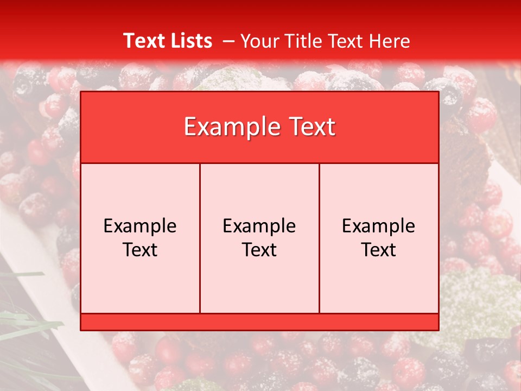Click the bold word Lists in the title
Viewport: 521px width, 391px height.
click(x=189, y=41)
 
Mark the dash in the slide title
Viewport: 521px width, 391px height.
click(x=228, y=41)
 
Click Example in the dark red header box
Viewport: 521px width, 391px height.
click(x=228, y=128)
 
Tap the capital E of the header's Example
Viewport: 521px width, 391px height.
click(x=189, y=127)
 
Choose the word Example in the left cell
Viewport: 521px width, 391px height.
click(x=140, y=226)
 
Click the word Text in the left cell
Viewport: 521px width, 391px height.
click(x=140, y=250)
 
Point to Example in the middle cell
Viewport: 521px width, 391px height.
click(x=259, y=226)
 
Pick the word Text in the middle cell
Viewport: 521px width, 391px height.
click(x=259, y=250)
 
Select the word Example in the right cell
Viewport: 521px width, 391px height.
click(x=379, y=226)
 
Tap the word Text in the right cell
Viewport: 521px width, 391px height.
click(x=379, y=250)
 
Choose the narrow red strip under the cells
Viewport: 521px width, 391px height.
click(x=259, y=321)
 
